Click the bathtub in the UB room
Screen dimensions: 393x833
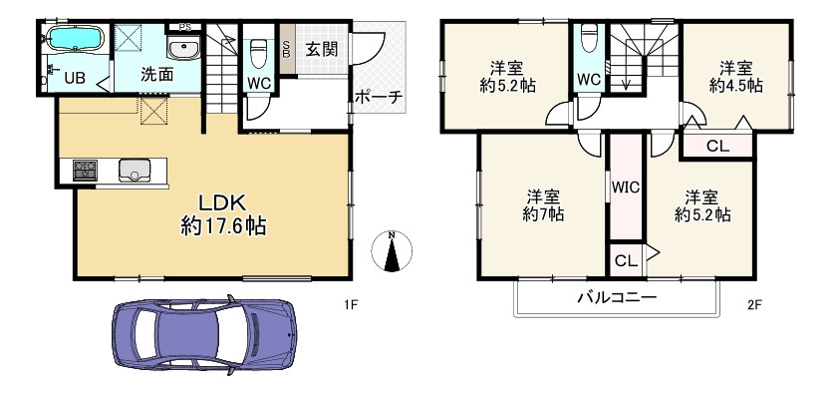(x=74, y=40)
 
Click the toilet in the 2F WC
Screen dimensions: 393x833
(x=589, y=37)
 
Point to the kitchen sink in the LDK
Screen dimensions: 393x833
(x=133, y=171)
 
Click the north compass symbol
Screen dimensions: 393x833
(x=392, y=252)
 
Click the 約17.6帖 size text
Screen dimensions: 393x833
(x=222, y=225)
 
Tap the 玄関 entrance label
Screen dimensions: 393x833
(x=320, y=47)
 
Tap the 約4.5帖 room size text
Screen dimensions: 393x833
(x=735, y=86)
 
